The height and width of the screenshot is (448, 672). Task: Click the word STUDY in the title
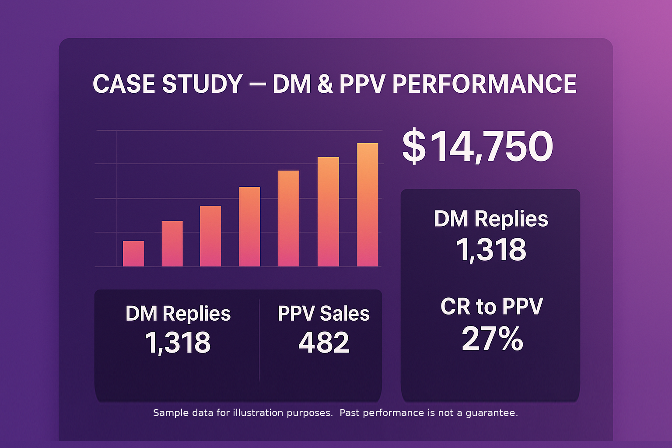click(x=202, y=84)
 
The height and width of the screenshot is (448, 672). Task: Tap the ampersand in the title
click(x=325, y=84)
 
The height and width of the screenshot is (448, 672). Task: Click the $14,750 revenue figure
click(x=477, y=147)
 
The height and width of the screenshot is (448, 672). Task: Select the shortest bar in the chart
click(x=133, y=254)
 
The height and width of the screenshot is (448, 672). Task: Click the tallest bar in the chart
click(x=367, y=205)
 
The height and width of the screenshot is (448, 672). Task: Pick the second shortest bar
click(x=172, y=244)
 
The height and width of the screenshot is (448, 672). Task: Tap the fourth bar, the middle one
click(x=249, y=227)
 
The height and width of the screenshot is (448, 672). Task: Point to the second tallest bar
click(x=328, y=212)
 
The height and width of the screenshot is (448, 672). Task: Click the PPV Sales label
click(x=323, y=314)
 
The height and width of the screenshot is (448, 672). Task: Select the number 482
click(x=324, y=342)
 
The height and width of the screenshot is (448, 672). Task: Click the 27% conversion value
click(x=492, y=339)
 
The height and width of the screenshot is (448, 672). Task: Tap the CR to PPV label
click(x=492, y=306)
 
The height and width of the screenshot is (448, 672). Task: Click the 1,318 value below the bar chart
click(x=178, y=342)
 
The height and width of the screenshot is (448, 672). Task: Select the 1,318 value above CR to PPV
click(x=491, y=250)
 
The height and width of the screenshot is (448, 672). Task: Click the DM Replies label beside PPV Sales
click(x=178, y=314)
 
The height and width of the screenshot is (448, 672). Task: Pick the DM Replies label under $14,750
click(x=491, y=219)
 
